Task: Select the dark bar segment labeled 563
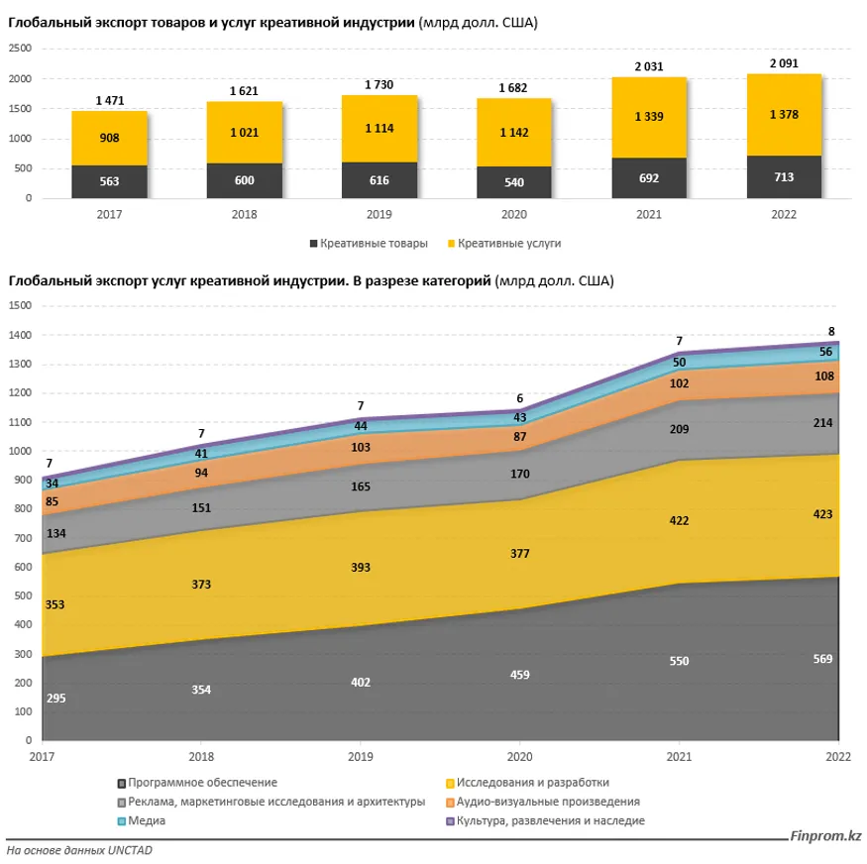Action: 109,181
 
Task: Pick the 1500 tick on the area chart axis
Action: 20,306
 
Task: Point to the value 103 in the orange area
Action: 361,448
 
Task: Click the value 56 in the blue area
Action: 824,352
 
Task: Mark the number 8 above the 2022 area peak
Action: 830,332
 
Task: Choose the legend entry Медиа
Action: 145,821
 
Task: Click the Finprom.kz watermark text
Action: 826,837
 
